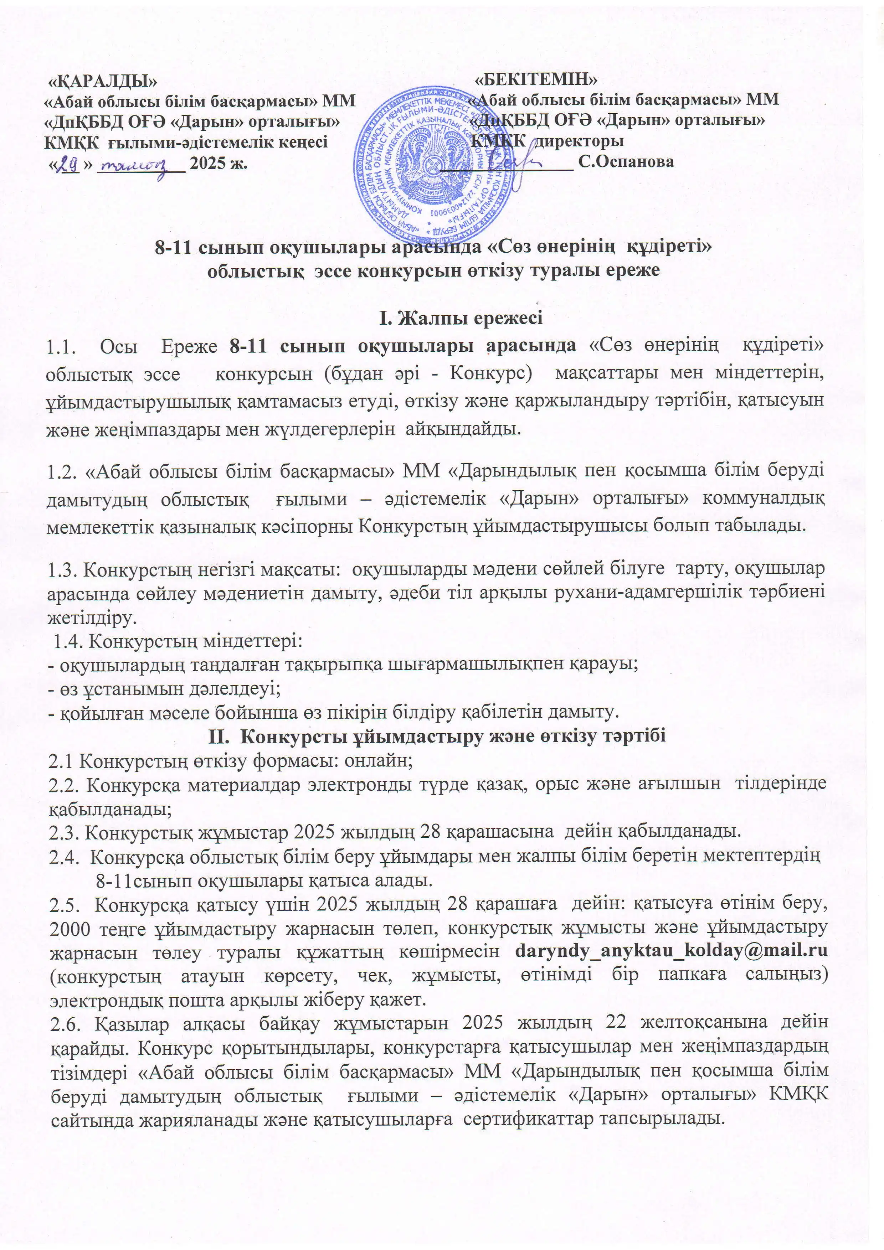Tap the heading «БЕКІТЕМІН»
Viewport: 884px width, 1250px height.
(536, 79)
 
